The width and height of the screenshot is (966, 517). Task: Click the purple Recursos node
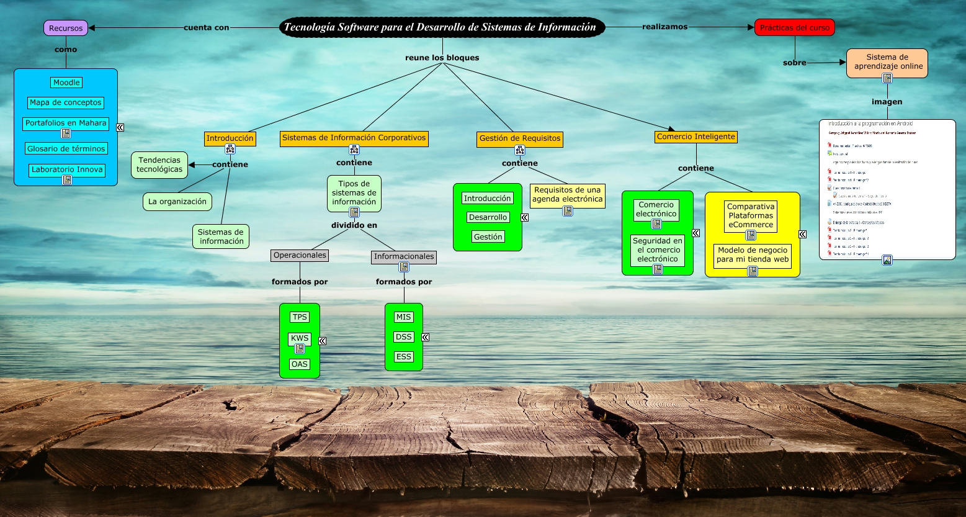click(66, 28)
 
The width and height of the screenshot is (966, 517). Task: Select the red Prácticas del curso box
click(794, 27)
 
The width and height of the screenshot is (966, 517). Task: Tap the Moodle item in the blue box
click(66, 83)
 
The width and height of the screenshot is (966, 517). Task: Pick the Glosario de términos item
click(66, 149)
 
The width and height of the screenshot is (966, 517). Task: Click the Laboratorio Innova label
click(66, 169)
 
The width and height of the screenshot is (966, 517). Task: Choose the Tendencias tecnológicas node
click(159, 164)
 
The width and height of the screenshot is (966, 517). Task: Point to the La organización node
click(177, 202)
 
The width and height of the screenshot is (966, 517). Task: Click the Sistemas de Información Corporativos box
click(354, 138)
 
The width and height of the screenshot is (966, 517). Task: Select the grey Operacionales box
click(300, 255)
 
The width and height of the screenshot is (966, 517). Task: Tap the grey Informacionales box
click(404, 256)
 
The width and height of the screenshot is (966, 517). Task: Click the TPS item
click(300, 317)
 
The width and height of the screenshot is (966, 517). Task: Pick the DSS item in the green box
click(404, 337)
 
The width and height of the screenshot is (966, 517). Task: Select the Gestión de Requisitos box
click(520, 138)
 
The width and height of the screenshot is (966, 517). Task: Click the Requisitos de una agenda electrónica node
click(568, 194)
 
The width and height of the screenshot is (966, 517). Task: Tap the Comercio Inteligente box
click(696, 137)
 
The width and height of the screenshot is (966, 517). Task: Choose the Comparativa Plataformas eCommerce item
click(751, 215)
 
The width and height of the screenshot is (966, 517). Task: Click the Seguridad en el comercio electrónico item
click(658, 250)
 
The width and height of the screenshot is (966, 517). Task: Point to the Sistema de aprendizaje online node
click(887, 61)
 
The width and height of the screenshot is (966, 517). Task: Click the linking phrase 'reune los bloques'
click(442, 58)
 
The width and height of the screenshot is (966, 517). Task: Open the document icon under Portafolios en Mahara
click(66, 133)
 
